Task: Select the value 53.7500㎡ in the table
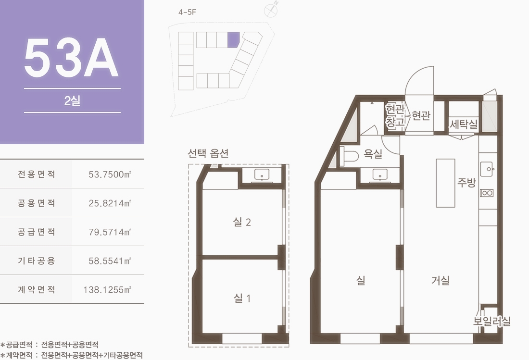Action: (110, 174)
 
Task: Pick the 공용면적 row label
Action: (36, 203)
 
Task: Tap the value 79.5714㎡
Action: (110, 232)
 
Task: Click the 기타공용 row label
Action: (36, 261)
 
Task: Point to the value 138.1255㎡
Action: (107, 289)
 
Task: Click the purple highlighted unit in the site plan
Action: (233, 39)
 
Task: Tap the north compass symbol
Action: (271, 10)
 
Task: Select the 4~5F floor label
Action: (187, 12)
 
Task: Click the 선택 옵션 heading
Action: (208, 153)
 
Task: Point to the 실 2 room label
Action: (242, 222)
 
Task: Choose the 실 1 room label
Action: (242, 298)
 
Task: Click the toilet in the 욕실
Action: (349, 156)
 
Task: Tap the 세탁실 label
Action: (464, 124)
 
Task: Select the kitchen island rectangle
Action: (445, 183)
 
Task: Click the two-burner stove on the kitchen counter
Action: (487, 193)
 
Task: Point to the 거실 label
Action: (440, 280)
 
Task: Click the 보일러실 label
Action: (491, 321)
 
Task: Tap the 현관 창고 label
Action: (395, 116)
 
